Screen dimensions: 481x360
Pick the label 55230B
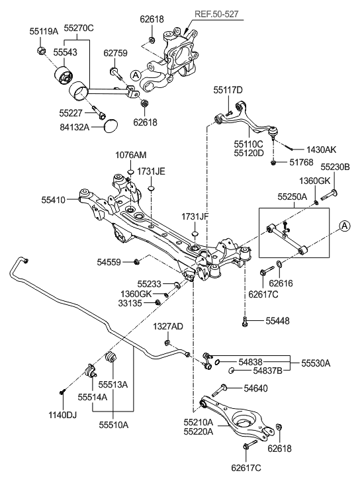pyautogui.click(x=336, y=167)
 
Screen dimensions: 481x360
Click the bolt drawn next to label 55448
pyautogui.click(x=246, y=322)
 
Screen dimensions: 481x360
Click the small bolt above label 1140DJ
pyautogui.click(x=62, y=391)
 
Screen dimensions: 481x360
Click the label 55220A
pyautogui.click(x=199, y=432)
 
